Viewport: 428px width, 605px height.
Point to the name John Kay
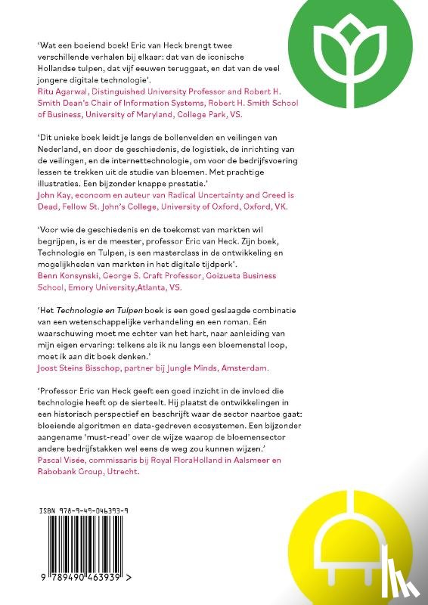pos(54,194)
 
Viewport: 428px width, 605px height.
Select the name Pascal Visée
pos(63,458)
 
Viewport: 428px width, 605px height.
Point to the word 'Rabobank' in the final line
pos(59,470)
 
